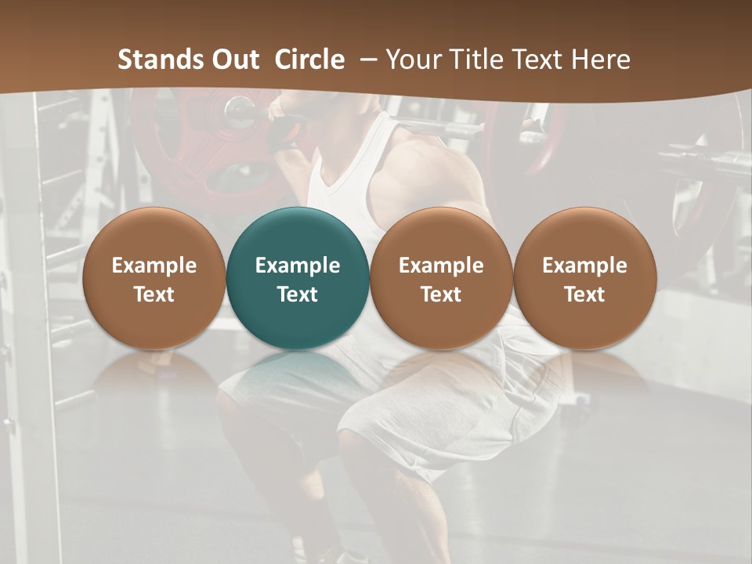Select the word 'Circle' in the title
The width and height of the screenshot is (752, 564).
(309, 60)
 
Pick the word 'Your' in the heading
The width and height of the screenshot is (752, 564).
(412, 60)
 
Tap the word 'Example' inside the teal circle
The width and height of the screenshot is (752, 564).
(298, 266)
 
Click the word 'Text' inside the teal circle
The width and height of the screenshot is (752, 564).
(298, 295)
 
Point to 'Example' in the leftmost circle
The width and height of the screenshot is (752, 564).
(154, 266)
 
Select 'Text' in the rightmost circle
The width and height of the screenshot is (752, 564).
(584, 295)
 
